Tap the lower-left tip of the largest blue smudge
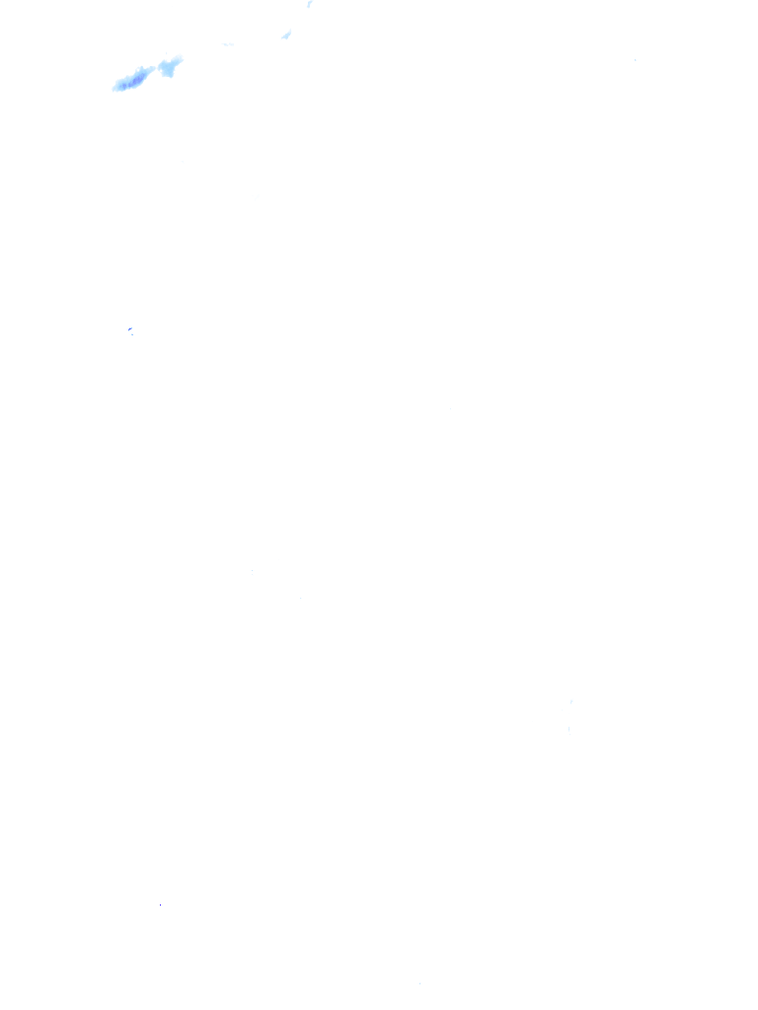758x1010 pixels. pyautogui.click(x=114, y=89)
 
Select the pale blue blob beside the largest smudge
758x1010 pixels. pyautogui.click(x=170, y=67)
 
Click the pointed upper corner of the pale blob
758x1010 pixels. pyautogui.click(x=180, y=58)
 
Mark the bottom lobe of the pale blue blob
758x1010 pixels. pyautogui.click(x=169, y=74)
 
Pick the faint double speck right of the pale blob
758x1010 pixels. pyautogui.click(x=228, y=44)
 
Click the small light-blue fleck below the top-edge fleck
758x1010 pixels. pyautogui.click(x=286, y=36)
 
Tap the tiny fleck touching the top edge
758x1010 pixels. pyautogui.click(x=309, y=4)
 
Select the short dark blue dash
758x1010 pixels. pyautogui.click(x=129, y=328)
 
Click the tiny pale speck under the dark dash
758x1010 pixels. pyautogui.click(x=132, y=335)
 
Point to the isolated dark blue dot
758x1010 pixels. pyautogui.click(x=160, y=904)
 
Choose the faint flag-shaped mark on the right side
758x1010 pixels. pyautogui.click(x=570, y=701)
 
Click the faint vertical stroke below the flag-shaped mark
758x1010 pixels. pyautogui.click(x=568, y=728)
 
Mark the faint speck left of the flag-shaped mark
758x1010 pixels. pyautogui.click(x=453, y=404)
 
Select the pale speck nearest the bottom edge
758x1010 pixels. pyautogui.click(x=419, y=982)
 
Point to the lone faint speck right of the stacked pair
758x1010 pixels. pyautogui.click(x=300, y=597)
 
